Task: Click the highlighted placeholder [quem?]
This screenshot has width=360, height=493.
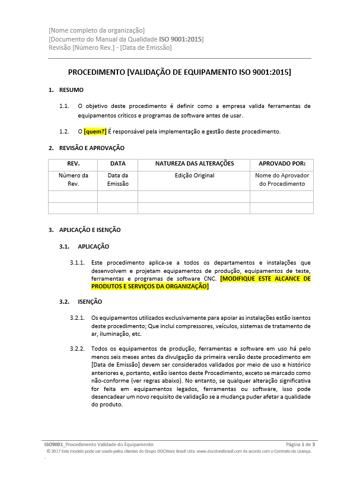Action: (95, 132)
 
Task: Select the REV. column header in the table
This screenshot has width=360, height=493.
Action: (73, 164)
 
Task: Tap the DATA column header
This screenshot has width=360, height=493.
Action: (117, 164)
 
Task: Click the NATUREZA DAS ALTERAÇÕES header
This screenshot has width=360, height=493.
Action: (194, 164)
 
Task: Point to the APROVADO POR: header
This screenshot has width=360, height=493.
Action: (282, 164)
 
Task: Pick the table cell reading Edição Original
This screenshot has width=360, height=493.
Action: (194, 176)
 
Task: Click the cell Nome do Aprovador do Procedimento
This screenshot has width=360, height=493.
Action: (282, 180)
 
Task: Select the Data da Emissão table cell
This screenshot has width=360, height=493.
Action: (117, 180)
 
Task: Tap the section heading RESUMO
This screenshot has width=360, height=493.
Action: (71, 90)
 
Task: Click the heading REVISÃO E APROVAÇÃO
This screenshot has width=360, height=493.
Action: (91, 148)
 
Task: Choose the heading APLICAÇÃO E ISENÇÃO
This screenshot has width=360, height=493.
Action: (90, 230)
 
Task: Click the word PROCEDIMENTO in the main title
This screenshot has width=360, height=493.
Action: (96, 72)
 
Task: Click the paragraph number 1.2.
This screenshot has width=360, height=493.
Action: (64, 132)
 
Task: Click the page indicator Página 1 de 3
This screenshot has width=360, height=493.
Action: (300, 444)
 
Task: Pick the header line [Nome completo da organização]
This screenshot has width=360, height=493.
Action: (97, 30)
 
